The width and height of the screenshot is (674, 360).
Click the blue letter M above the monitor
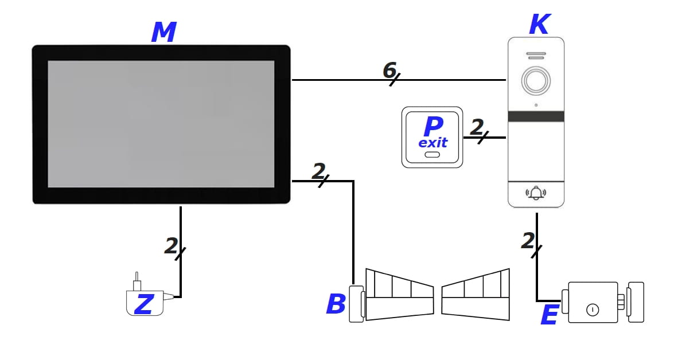[163, 33]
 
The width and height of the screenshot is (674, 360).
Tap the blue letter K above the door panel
[539, 25]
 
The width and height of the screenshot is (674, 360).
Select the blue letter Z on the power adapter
[143, 304]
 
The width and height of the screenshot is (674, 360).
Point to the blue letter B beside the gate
[336, 304]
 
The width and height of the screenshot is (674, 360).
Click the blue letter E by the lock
[549, 315]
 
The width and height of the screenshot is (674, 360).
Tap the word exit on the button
[433, 143]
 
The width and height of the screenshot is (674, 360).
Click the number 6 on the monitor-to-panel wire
[389, 71]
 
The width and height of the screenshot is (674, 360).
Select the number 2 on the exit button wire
[476, 127]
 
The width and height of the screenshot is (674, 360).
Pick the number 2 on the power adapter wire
[171, 246]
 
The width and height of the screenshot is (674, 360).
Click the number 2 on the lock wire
[528, 241]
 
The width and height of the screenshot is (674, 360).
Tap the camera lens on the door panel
[536, 81]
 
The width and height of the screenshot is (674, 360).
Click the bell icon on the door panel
[536, 193]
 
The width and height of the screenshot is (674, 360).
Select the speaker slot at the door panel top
[536, 57]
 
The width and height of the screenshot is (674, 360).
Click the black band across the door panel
[536, 116]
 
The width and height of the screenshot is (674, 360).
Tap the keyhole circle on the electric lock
[593, 310]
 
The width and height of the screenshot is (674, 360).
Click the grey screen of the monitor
[161, 124]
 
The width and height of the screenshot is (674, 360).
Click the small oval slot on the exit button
[433, 155]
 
